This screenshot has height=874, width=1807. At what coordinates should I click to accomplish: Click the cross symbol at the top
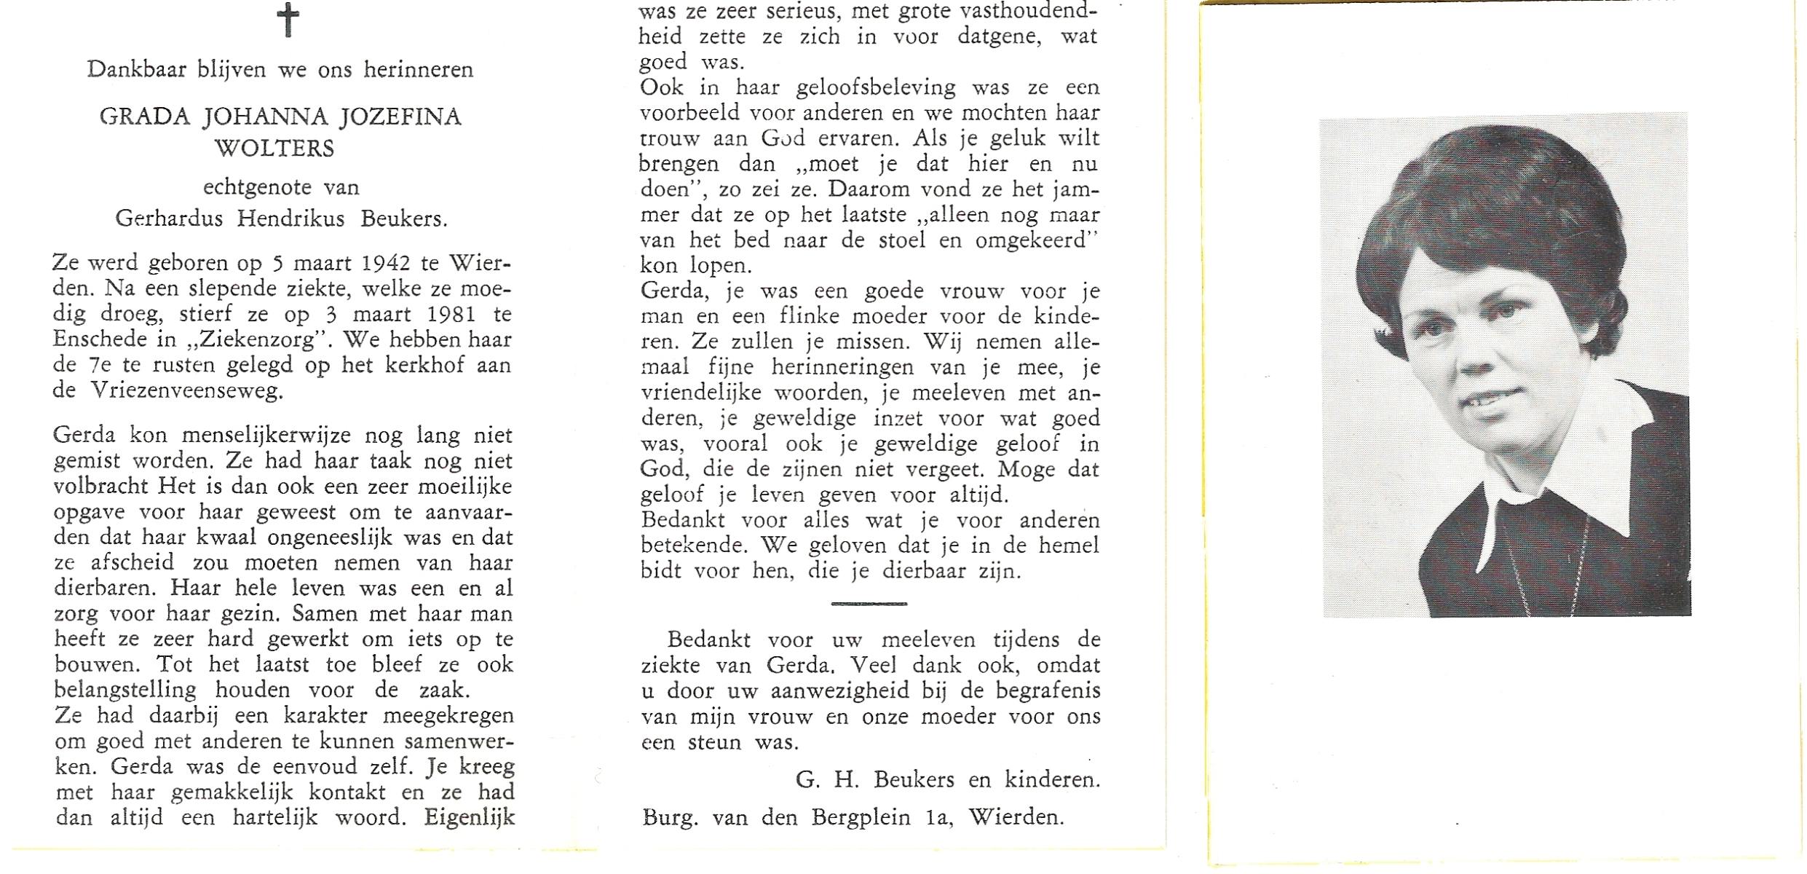coord(288,20)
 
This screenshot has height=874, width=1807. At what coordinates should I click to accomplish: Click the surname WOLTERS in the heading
coord(274,149)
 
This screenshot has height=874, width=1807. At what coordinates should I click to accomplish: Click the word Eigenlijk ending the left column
coord(470,817)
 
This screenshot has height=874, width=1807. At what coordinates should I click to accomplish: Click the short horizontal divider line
coord(869,604)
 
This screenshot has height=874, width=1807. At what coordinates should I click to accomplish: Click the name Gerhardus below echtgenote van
coord(169,219)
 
